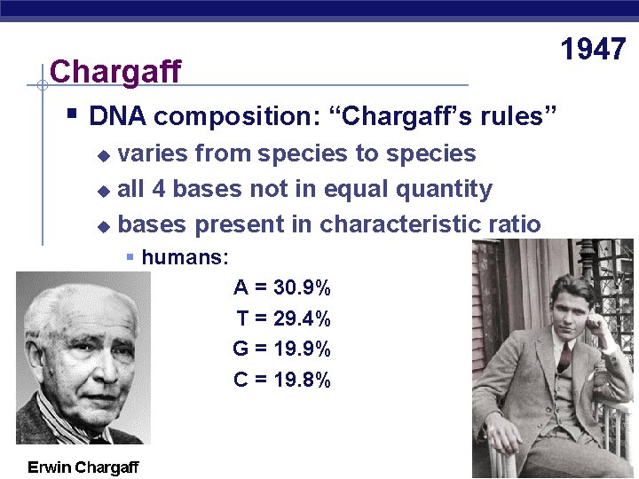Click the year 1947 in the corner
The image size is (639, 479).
(594, 50)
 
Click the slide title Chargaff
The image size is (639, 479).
(115, 71)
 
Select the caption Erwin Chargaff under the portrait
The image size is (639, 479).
(83, 467)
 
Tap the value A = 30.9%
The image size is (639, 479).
(282, 287)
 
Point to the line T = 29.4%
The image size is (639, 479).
(283, 318)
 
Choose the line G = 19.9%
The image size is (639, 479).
(281, 349)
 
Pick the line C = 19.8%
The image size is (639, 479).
(282, 380)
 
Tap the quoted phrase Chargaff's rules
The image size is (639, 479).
(447, 117)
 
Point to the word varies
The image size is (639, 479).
(152, 153)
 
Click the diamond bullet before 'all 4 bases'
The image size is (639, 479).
(105, 191)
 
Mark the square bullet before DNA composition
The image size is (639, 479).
(72, 114)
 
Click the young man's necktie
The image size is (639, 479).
(564, 356)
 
